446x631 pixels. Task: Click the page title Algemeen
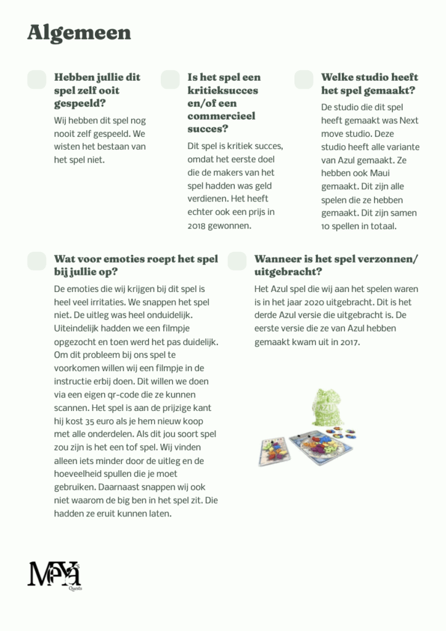click(79, 33)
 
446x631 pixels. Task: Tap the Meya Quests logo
click(55, 574)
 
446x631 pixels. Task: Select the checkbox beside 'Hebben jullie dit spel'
click(37, 79)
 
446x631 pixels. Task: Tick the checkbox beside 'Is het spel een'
click(170, 79)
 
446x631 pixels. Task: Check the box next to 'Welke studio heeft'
click(304, 79)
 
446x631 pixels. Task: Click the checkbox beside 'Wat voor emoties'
click(37, 261)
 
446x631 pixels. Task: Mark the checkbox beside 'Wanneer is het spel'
click(237, 261)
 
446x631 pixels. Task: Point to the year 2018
click(197, 226)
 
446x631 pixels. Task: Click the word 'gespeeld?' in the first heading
click(80, 104)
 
